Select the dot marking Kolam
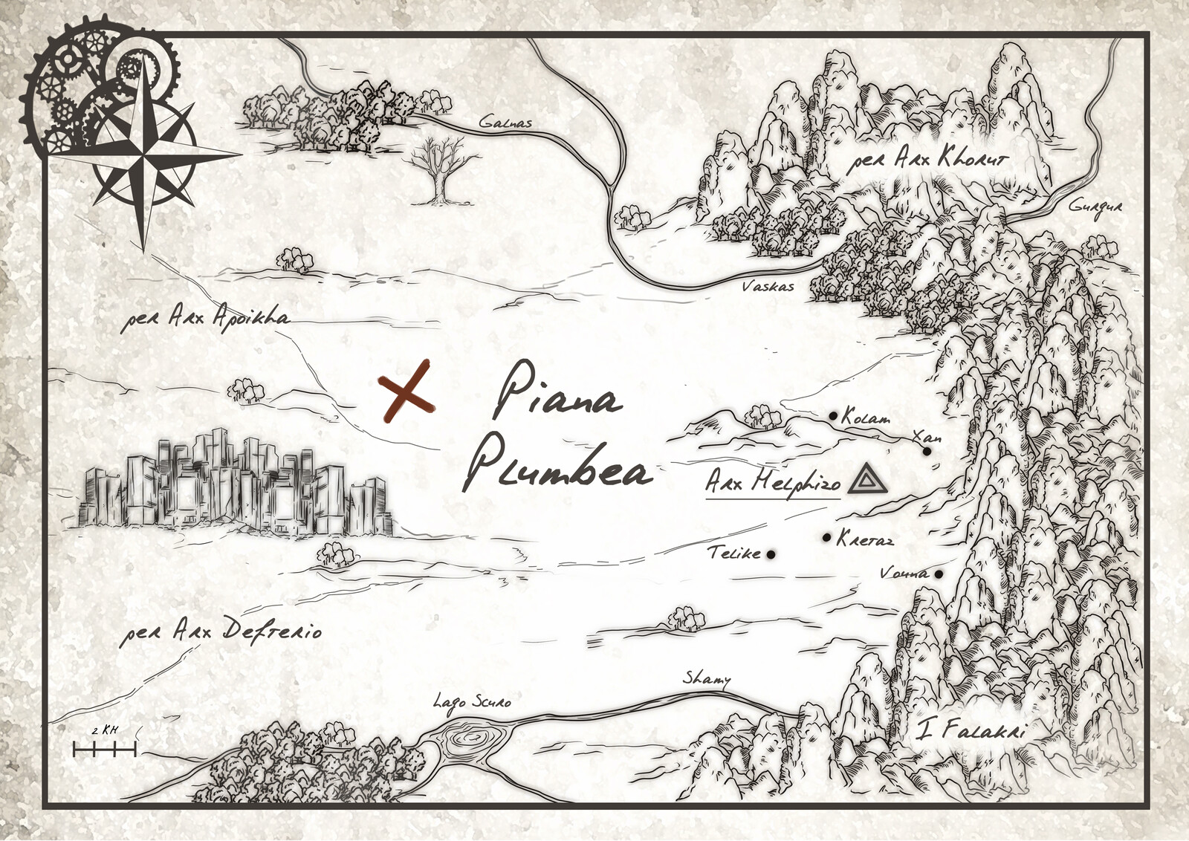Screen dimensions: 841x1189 [833, 415]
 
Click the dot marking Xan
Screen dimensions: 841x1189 [927, 451]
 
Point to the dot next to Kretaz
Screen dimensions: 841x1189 [827, 537]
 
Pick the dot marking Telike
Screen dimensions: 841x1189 [771, 553]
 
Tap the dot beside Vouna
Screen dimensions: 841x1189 [939, 574]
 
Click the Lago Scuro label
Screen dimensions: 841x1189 [472, 701]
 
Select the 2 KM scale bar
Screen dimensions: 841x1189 [105, 750]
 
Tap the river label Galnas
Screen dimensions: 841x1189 [505, 123]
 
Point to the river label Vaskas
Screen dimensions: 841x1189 [768, 286]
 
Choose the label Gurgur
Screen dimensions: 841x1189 [1095, 206]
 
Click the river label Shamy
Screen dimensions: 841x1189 [706, 678]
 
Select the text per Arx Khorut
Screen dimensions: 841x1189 [927, 159]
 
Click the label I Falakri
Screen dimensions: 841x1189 [971, 730]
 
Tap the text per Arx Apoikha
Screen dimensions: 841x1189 [205, 318]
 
